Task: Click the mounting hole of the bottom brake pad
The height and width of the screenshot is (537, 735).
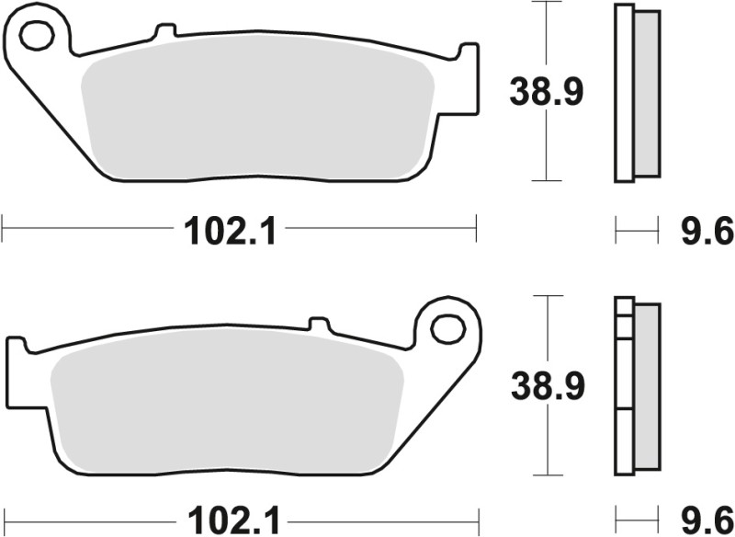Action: [x=448, y=328]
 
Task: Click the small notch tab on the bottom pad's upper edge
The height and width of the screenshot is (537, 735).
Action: [x=319, y=326]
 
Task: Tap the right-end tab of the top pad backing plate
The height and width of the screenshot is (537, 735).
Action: [x=468, y=77]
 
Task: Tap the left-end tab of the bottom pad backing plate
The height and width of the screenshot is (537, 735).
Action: [x=17, y=372]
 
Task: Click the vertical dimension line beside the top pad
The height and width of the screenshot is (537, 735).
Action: [x=548, y=147]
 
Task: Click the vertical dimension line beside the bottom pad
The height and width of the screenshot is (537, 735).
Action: [x=548, y=441]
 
